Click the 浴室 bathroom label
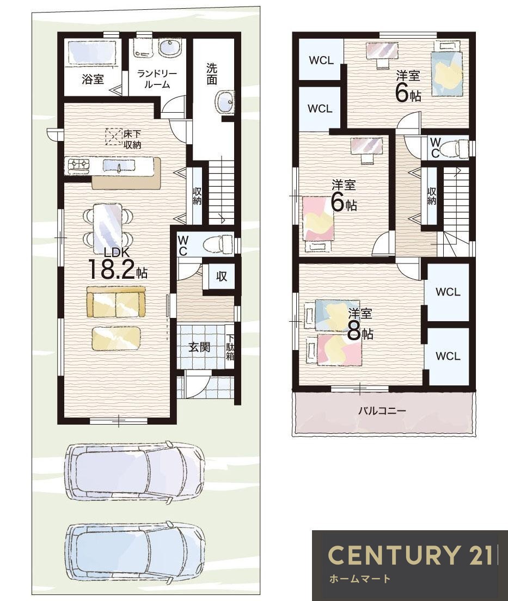coord(93,79)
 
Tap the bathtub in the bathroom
coord(92,52)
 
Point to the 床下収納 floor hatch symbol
coord(114,137)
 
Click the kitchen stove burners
coord(79,164)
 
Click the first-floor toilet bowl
coord(217,244)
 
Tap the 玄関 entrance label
coord(199,348)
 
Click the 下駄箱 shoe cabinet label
coord(230,348)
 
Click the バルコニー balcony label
coord(382,411)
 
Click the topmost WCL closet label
coord(321,60)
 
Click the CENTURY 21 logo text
coord(410,554)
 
